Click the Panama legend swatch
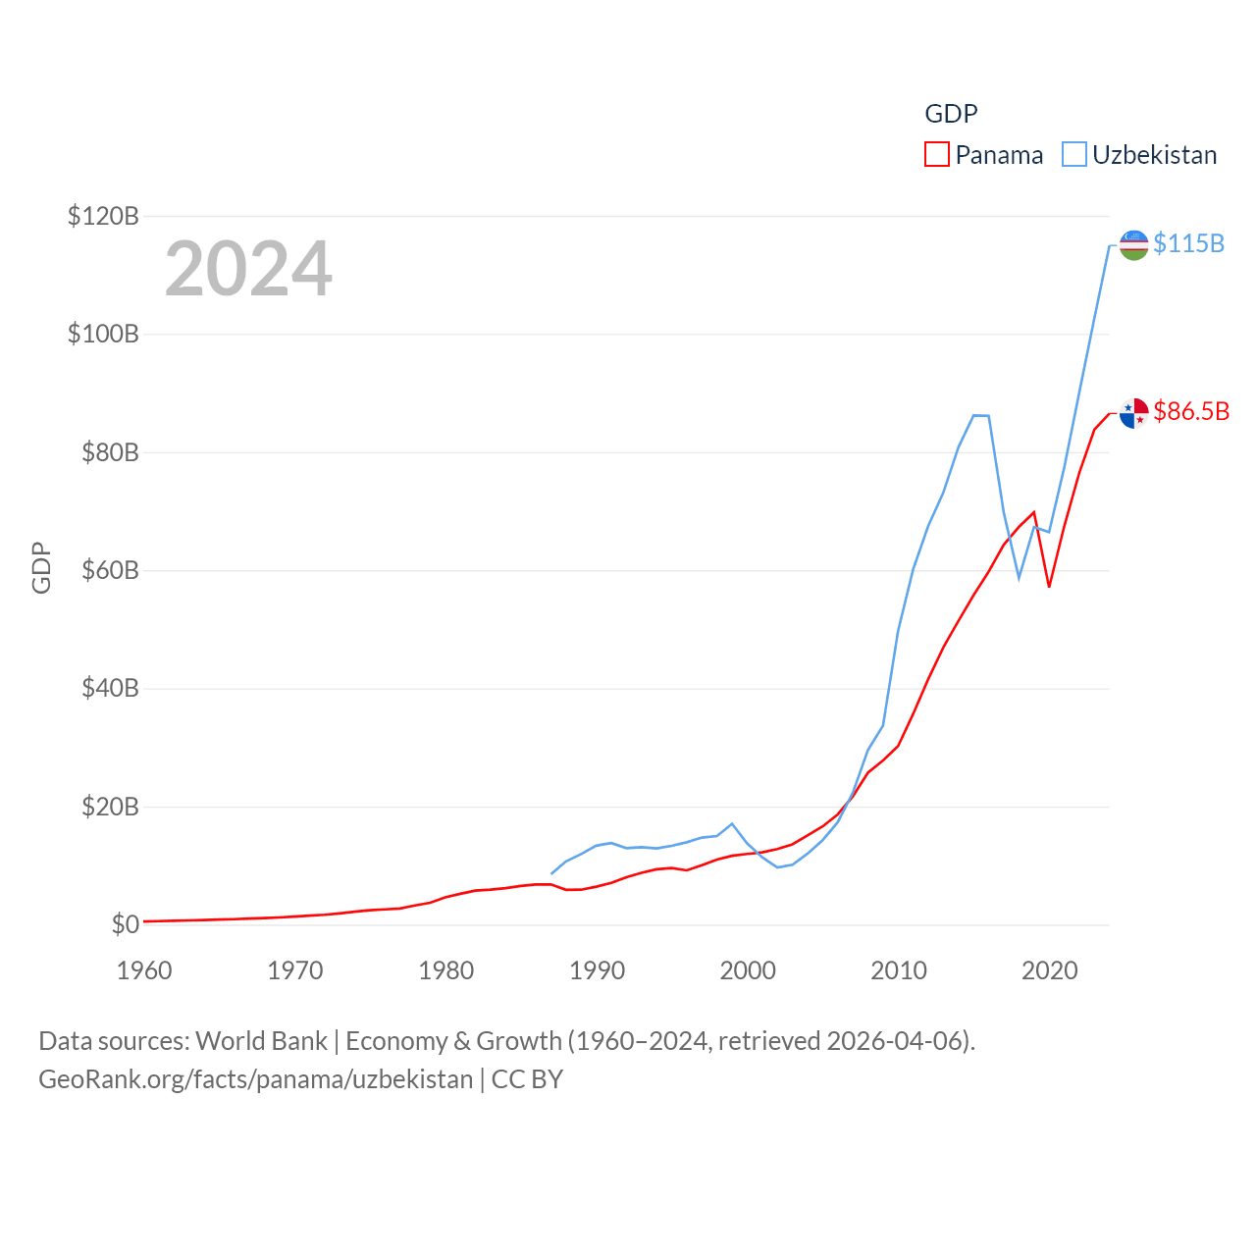[x=937, y=155]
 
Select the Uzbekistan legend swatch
[x=1074, y=155]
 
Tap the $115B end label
[x=1188, y=243]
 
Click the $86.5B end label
[x=1191, y=411]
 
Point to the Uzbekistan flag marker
[x=1133, y=245]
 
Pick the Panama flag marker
[x=1133, y=413]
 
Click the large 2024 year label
[x=248, y=269]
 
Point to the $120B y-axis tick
[x=103, y=216]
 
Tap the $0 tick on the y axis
[x=125, y=924]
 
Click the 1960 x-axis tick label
[x=144, y=970]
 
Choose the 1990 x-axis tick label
[x=597, y=970]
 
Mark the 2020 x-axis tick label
[x=1049, y=970]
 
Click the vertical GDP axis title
[x=41, y=567]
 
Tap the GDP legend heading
[x=951, y=114]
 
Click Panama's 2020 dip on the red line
[x=1049, y=587]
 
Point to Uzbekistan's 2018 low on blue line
[x=1019, y=578]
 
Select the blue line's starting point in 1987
[x=551, y=873]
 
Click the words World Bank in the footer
[x=261, y=1040]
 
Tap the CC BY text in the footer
[x=527, y=1079]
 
